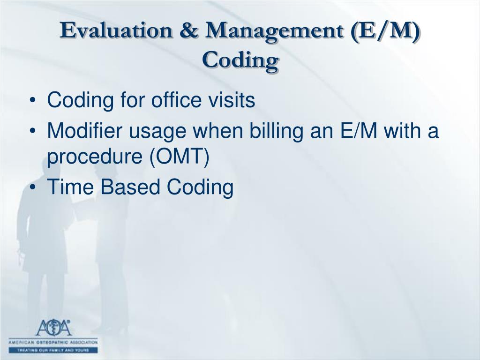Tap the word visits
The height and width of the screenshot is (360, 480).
(233, 101)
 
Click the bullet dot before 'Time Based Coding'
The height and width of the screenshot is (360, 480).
(36, 188)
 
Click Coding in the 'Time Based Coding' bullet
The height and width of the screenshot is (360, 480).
(197, 187)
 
